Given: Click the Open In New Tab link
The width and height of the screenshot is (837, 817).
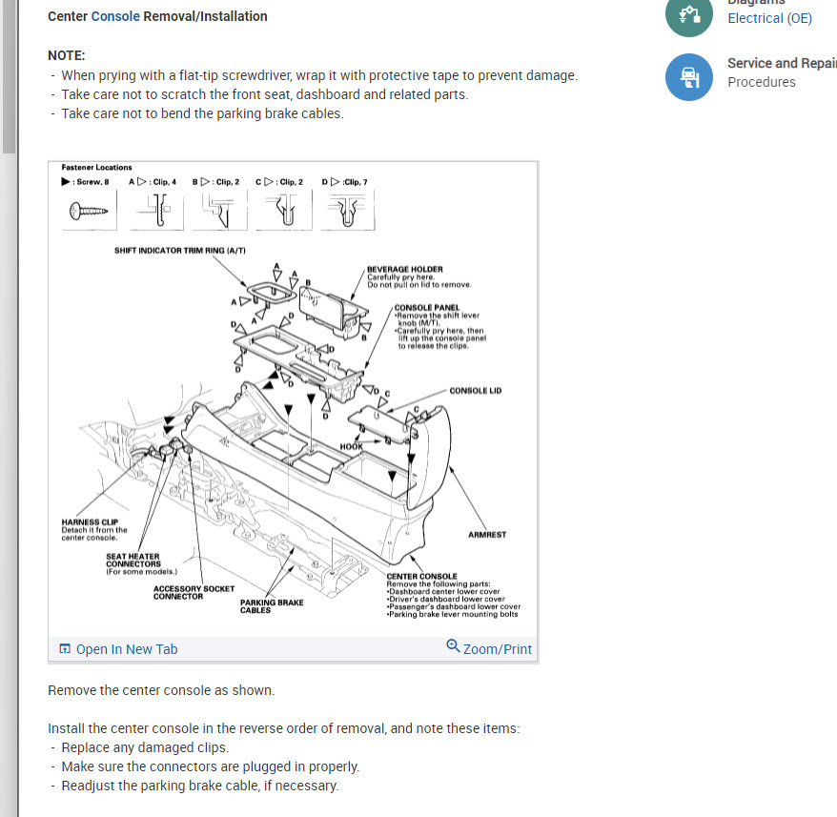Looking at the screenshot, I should point(118,649).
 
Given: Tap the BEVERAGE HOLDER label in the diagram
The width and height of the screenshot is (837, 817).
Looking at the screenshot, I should point(405,270).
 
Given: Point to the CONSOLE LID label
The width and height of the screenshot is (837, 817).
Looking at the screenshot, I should point(475,391).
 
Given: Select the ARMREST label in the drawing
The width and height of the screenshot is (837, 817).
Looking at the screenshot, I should point(487,535).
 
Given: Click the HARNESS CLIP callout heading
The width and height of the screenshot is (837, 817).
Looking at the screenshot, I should point(91,522).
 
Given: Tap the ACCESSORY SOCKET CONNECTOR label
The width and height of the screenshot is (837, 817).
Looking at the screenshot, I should point(194,592).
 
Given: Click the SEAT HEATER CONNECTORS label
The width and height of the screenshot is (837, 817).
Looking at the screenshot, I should point(133,560).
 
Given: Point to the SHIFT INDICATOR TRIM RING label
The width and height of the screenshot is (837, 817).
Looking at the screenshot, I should point(179,250).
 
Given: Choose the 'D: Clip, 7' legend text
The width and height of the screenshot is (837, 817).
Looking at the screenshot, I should point(345,181).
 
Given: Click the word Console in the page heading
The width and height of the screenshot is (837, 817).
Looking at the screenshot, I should point(115,16).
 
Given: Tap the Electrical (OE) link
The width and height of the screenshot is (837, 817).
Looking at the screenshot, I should point(769,18).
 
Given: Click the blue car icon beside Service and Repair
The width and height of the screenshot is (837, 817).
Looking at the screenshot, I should point(688,77).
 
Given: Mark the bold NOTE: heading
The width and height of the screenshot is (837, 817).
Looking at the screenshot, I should point(67,55).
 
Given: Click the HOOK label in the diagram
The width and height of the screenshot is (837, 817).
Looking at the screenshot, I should point(351,446).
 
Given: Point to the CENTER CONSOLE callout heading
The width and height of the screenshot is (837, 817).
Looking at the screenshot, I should point(421,577).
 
